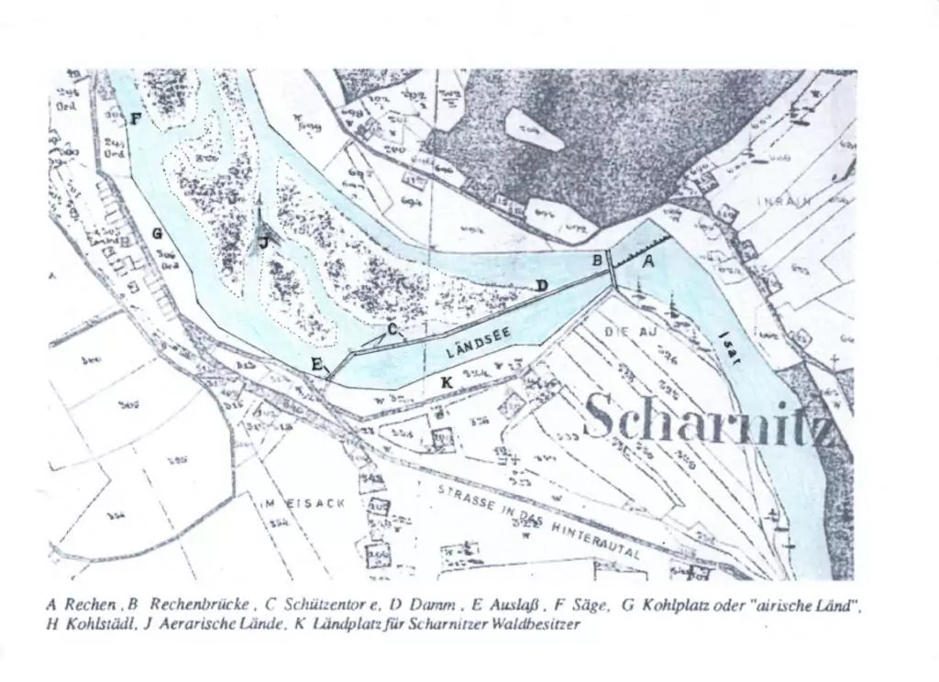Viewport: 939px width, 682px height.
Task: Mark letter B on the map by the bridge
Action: point(597,259)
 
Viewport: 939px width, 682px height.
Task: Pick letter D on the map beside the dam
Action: point(542,286)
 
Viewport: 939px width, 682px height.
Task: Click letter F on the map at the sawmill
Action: point(136,118)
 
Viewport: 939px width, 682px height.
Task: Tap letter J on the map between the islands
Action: point(263,242)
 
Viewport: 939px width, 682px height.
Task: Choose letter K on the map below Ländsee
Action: point(447,380)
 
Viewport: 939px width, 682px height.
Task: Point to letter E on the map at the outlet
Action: point(316,365)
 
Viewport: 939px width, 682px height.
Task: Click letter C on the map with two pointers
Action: point(392,328)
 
